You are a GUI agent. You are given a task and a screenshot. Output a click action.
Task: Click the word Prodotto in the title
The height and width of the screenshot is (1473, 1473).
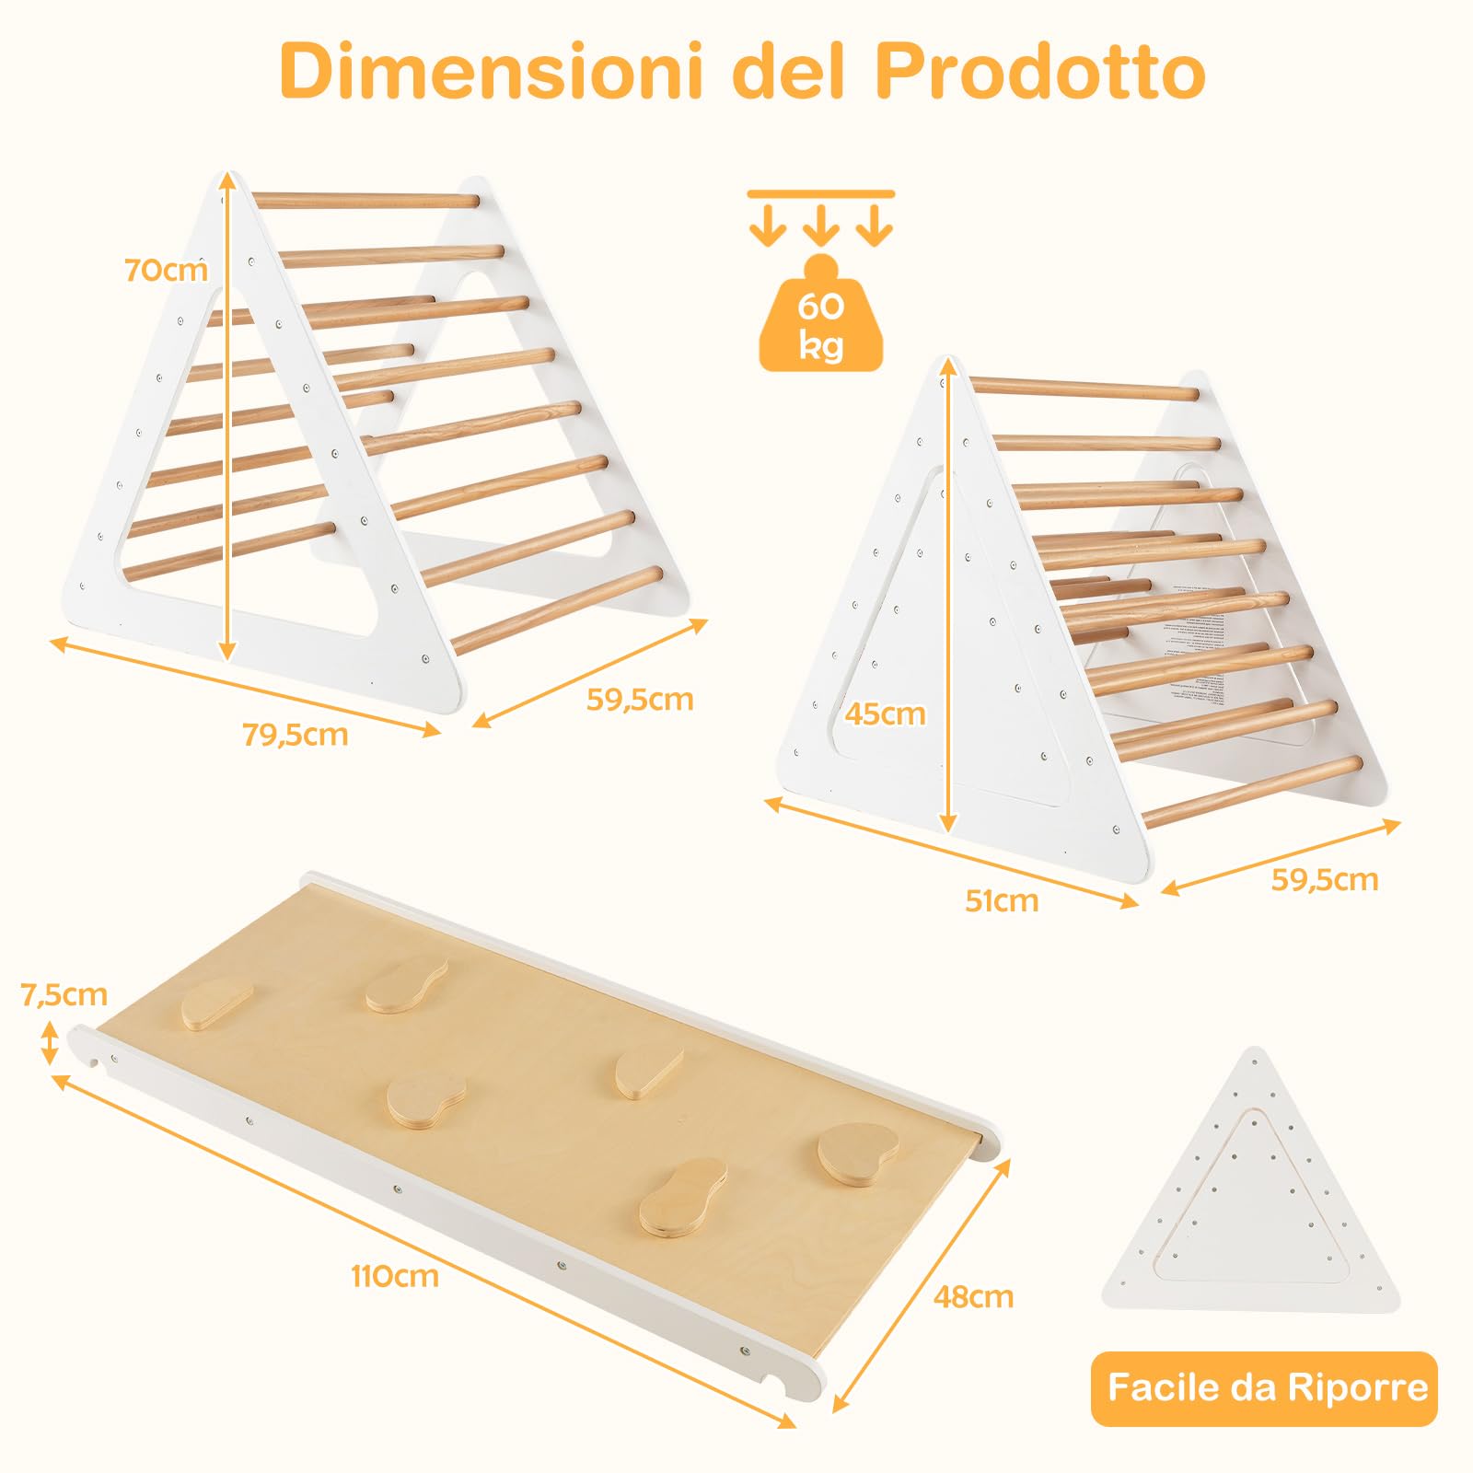tap(1039, 72)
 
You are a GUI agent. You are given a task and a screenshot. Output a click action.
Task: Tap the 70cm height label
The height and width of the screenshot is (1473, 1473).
tap(166, 271)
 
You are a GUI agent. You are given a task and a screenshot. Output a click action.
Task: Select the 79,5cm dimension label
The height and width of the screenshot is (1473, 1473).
tap(295, 735)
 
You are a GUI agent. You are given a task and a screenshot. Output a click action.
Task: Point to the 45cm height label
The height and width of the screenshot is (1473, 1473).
tap(885, 713)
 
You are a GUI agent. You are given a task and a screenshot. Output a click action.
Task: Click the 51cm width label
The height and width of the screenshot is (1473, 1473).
tap(1002, 900)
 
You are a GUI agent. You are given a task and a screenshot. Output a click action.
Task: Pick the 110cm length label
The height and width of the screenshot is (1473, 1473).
tap(394, 1276)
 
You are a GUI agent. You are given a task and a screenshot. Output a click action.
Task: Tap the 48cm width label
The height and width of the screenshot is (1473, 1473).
tap(973, 1296)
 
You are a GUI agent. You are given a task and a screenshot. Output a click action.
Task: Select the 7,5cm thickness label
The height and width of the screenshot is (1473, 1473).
tap(64, 994)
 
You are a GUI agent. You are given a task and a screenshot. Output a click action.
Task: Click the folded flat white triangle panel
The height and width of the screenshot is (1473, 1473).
tap(1252, 1197)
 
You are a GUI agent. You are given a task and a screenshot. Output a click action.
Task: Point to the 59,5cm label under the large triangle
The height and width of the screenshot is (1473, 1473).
tap(640, 700)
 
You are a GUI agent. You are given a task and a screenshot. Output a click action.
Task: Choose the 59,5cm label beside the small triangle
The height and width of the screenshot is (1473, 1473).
tap(1325, 880)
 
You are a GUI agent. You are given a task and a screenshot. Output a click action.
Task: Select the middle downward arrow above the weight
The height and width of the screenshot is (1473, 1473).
tap(820, 224)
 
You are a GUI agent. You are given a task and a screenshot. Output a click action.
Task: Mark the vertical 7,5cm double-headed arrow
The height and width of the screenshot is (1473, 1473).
tap(50, 1044)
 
